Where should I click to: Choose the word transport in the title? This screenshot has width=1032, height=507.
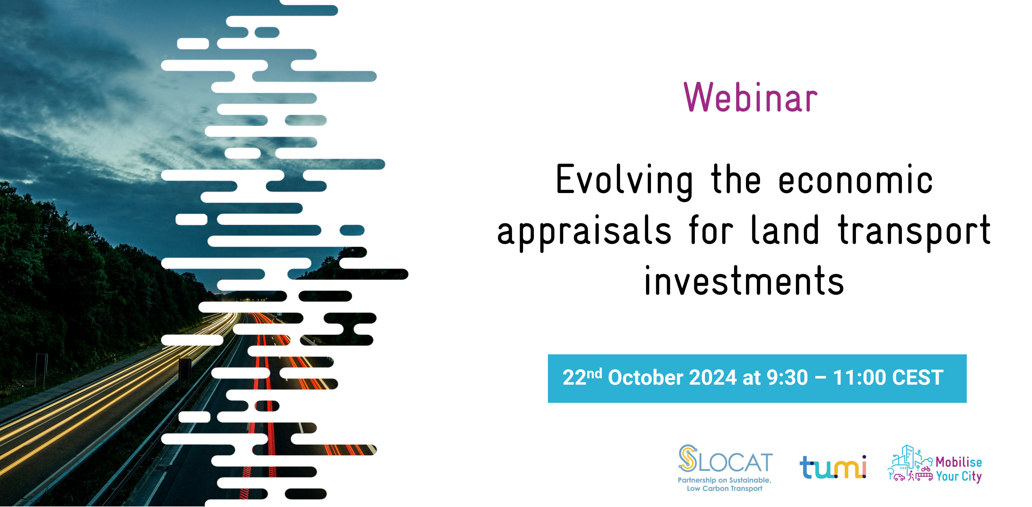(914, 231)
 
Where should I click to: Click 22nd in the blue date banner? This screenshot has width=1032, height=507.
(582, 377)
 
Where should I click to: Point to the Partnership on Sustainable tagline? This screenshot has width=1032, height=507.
(724, 480)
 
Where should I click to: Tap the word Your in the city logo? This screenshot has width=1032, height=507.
(947, 476)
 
